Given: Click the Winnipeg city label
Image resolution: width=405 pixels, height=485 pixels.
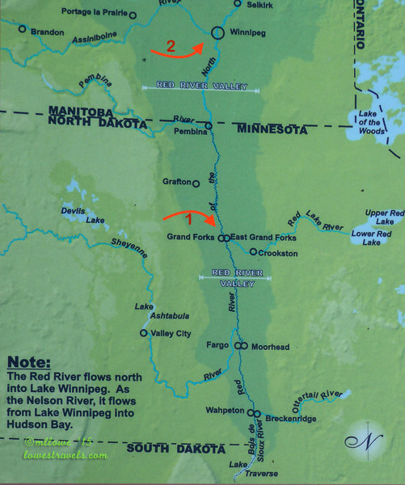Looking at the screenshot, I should click(235, 45).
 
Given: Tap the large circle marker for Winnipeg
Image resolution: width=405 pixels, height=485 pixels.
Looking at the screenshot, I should click(217, 32).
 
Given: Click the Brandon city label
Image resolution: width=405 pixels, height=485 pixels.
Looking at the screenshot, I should click(45, 32).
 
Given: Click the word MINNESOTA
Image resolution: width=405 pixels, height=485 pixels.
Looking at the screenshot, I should click(271, 129).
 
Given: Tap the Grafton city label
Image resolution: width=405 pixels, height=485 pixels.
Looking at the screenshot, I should click(175, 183).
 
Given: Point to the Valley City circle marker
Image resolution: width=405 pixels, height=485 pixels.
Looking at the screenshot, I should click(143, 333).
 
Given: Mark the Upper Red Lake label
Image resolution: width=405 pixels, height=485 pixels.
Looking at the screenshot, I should click(379, 216).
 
